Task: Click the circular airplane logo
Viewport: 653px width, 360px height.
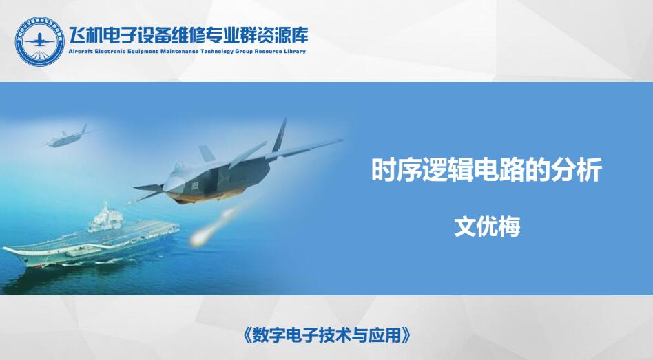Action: coord(40,41)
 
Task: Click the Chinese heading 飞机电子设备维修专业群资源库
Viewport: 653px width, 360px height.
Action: coord(188,35)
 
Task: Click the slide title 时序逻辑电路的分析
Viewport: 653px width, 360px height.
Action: coord(486,170)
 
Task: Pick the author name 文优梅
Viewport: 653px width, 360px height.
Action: coord(487,227)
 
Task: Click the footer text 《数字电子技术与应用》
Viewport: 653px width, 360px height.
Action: coord(326,335)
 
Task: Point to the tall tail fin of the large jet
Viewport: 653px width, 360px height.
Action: coord(280,136)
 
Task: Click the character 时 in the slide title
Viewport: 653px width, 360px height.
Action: coord(384,170)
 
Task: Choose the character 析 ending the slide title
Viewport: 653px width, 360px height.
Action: coord(590,170)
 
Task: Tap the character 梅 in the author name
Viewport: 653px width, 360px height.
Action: coord(510,227)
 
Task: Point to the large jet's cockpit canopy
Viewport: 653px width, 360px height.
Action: coord(179,167)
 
